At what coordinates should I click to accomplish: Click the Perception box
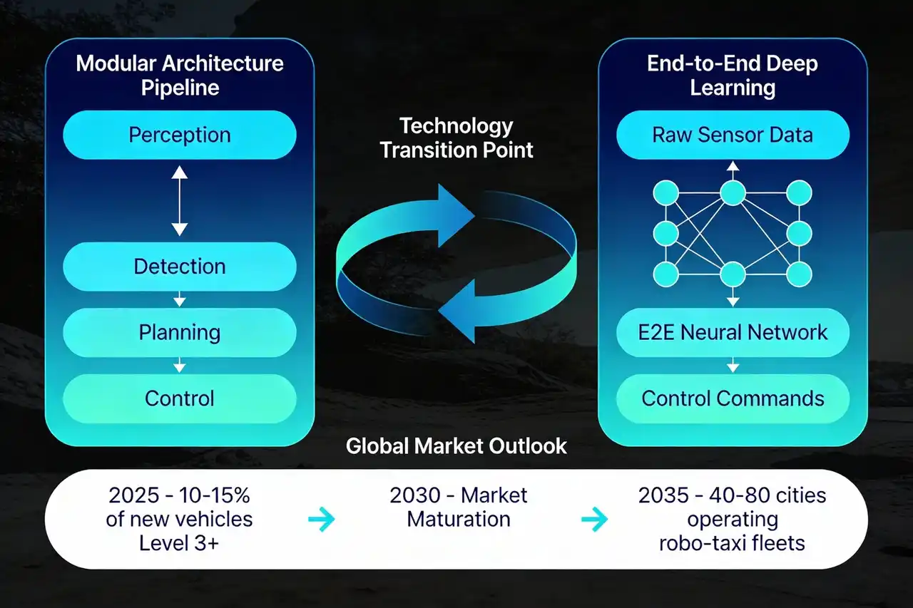point(179,135)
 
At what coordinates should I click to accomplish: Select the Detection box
point(179,267)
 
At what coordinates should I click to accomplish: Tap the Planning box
point(179,333)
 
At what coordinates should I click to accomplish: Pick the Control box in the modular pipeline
point(179,398)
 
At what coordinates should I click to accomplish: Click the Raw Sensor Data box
point(733,135)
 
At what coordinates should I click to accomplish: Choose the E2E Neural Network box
point(733,333)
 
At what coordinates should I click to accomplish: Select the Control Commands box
point(733,398)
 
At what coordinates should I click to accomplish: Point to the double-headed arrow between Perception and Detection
point(179,201)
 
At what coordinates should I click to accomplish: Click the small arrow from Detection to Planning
point(179,299)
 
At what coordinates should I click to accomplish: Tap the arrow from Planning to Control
point(179,365)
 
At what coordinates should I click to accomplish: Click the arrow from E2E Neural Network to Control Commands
point(733,365)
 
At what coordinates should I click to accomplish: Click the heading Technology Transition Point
point(456,138)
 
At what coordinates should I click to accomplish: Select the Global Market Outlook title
point(456,446)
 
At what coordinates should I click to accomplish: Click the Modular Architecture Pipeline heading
point(180,76)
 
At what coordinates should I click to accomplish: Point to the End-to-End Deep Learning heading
point(733,76)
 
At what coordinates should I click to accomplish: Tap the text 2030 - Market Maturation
point(459,507)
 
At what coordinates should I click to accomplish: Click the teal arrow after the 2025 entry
point(322,519)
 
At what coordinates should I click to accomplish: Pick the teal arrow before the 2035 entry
point(594,519)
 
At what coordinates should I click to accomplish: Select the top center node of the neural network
point(733,193)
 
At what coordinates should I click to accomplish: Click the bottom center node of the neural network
point(733,274)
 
